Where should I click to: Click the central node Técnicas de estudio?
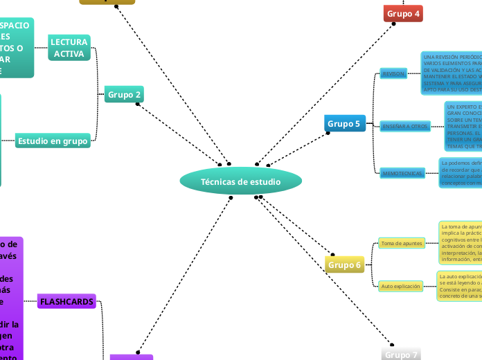[240, 182]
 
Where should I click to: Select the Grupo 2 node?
[125, 94]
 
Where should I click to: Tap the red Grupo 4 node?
[403, 13]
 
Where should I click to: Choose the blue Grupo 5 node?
[344, 124]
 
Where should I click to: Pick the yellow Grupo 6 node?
[344, 264]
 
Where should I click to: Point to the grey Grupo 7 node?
[402, 354]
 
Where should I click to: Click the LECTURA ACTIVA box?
[69, 48]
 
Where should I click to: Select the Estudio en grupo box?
[53, 141]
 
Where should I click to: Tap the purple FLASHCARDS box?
[66, 302]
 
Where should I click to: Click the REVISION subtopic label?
[393, 73]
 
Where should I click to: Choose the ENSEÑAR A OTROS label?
[405, 126]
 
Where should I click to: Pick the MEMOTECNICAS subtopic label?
[402, 173]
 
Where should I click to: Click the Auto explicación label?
[400, 286]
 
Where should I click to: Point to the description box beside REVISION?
[451, 73]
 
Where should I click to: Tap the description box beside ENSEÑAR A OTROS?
[463, 126]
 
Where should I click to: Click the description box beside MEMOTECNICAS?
[460, 173]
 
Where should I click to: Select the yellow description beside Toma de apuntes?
[460, 243]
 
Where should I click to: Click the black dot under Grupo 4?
[393, 24]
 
